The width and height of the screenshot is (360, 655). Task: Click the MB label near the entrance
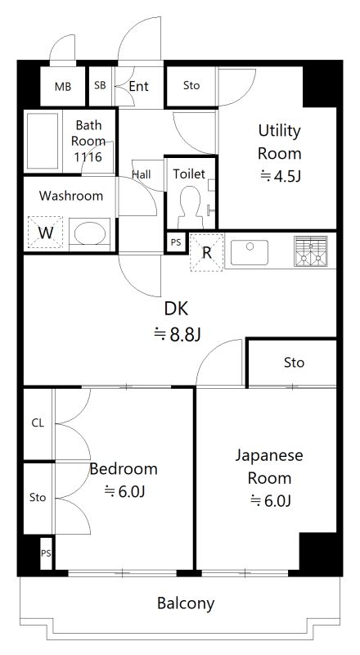click(x=62, y=86)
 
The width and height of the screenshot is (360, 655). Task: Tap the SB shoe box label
click(x=100, y=85)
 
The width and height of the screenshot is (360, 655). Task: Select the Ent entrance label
click(x=138, y=85)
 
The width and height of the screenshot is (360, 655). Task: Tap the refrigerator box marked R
click(x=206, y=252)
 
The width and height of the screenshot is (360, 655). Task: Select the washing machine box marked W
click(x=46, y=233)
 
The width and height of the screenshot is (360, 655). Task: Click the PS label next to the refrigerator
click(x=176, y=242)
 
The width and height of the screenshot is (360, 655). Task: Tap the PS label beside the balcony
click(x=45, y=554)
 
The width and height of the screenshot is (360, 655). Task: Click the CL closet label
click(x=38, y=423)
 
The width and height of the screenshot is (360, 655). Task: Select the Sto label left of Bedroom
click(x=38, y=497)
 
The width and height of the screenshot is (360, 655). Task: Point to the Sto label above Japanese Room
click(x=294, y=362)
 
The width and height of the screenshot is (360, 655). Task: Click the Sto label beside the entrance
click(x=191, y=85)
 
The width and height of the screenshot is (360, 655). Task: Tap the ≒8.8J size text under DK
click(x=177, y=333)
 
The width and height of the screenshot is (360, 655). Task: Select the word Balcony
click(x=186, y=604)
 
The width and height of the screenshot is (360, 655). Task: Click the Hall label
click(x=142, y=174)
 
